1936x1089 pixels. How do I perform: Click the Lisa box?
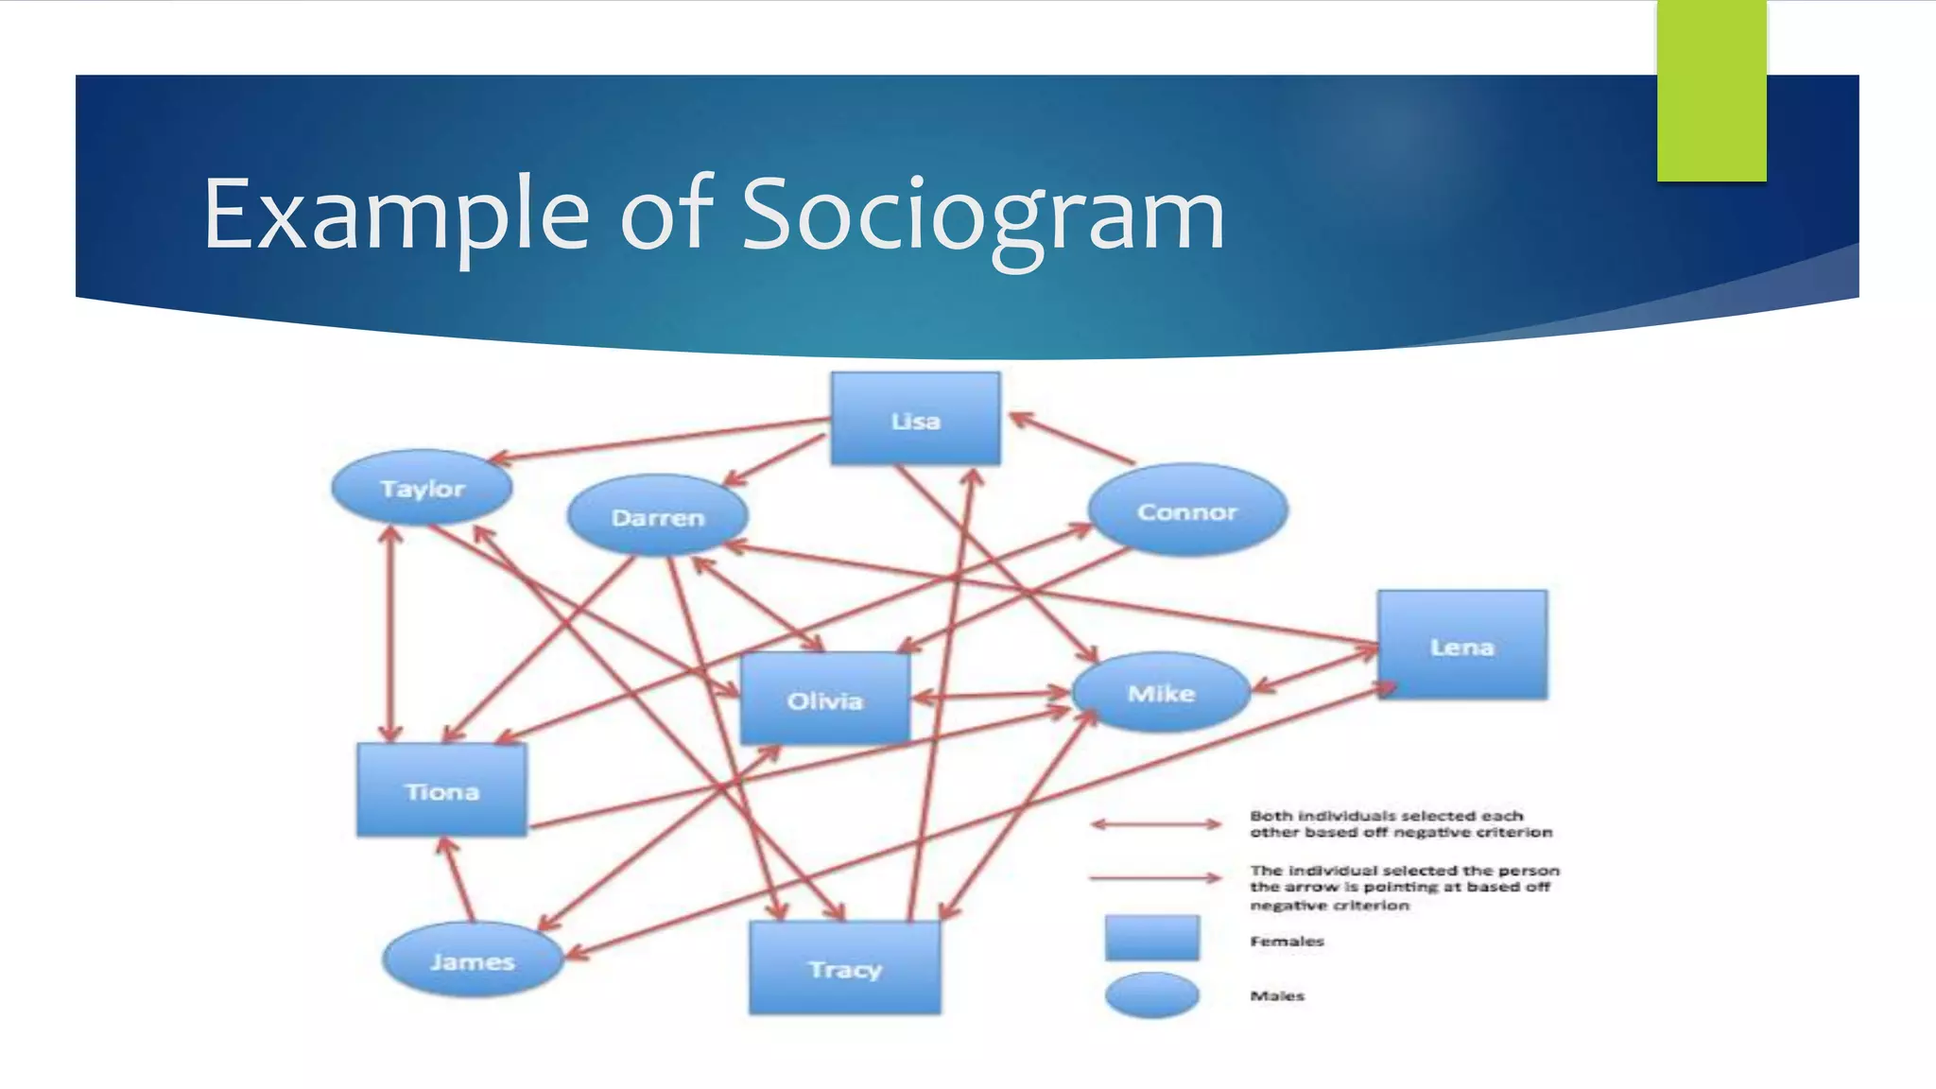pyautogui.click(x=915, y=419)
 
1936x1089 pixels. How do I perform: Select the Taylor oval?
pyautogui.click(x=422, y=488)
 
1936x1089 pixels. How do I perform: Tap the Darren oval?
pyautogui.click(x=658, y=516)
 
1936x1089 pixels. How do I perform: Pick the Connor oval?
pyautogui.click(x=1187, y=510)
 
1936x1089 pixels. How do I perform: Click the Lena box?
pyautogui.click(x=1461, y=646)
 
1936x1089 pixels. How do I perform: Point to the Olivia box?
pyautogui.click(x=825, y=700)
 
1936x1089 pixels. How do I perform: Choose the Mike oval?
pyautogui.click(x=1161, y=693)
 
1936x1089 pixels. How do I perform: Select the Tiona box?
pyautogui.click(x=441, y=790)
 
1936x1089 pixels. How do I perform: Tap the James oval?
pyautogui.click(x=472, y=960)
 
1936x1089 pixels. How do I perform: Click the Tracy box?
pyautogui.click(x=845, y=968)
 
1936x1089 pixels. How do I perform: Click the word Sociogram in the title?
pyautogui.click(x=982, y=216)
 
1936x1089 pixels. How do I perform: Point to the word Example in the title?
pyautogui.click(x=397, y=216)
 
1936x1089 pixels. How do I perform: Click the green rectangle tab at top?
pyautogui.click(x=1711, y=91)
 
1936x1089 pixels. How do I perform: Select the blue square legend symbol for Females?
pyautogui.click(x=1151, y=938)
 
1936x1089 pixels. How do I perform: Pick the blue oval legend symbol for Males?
pyautogui.click(x=1151, y=994)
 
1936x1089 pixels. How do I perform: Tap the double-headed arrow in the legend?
pyautogui.click(x=1155, y=824)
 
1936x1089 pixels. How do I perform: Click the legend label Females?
pyautogui.click(x=1287, y=941)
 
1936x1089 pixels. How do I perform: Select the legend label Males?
pyautogui.click(x=1277, y=995)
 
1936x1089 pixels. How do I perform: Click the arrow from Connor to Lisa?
pyautogui.click(x=1072, y=439)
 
